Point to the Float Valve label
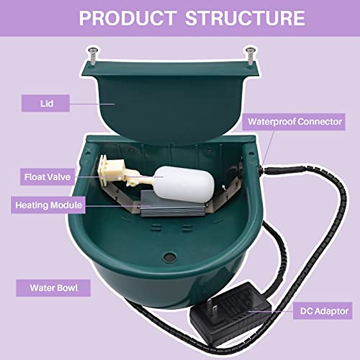[x=47, y=177]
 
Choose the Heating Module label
[x=48, y=205]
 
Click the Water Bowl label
[x=53, y=288]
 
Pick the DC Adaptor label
[x=325, y=311]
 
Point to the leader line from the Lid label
[x=92, y=104]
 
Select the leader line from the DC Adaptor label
[x=270, y=311]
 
